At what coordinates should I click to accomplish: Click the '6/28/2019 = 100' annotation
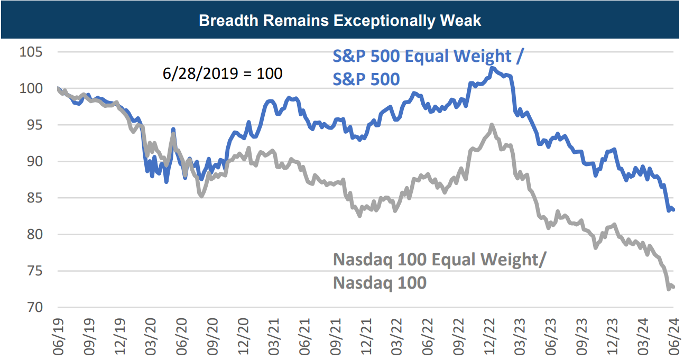tap(223, 73)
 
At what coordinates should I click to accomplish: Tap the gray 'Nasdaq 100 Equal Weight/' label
tap(440, 260)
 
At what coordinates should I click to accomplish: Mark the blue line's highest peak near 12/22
tap(492, 68)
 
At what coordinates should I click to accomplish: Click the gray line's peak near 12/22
tap(492, 125)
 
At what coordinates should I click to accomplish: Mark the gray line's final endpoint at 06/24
tap(673, 287)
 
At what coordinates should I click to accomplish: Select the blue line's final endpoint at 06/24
tap(673, 210)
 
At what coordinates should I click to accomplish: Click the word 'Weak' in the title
tap(463, 21)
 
